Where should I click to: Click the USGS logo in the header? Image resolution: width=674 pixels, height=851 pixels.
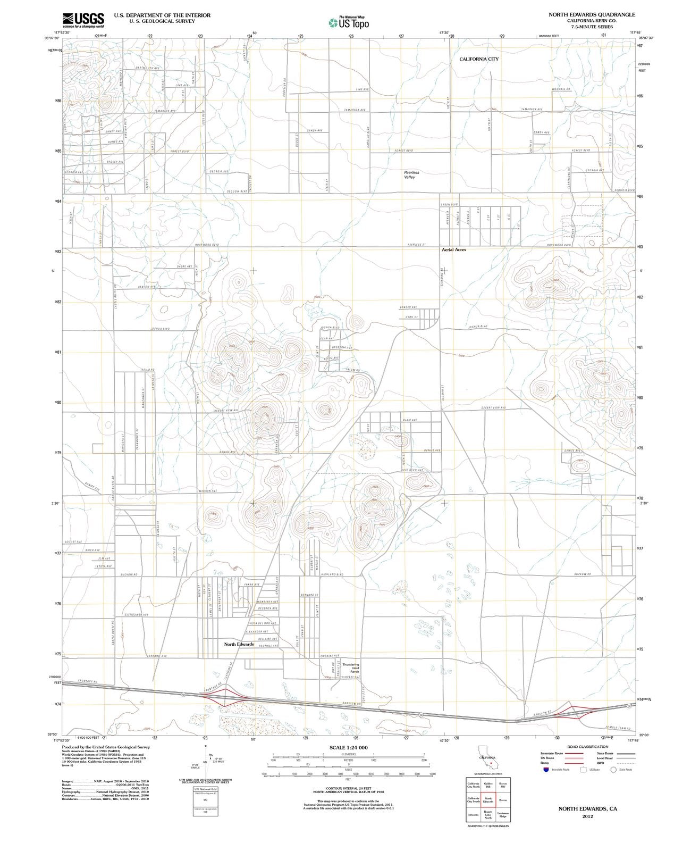83,20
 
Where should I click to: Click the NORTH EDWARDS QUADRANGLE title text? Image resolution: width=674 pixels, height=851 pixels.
592,14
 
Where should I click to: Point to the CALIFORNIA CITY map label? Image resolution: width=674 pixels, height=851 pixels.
479,59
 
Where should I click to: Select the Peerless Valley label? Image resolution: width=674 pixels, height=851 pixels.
411,174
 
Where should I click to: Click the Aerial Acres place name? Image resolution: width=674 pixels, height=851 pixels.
453,249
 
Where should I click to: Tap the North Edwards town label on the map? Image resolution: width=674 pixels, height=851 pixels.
239,644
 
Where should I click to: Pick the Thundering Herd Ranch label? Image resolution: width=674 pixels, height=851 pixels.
351,669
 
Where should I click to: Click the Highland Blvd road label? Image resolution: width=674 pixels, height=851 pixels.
333,574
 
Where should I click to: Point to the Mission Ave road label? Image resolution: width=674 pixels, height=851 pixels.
208,491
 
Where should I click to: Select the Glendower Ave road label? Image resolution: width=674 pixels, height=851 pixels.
137,614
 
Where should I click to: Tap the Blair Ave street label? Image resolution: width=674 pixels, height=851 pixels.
410,420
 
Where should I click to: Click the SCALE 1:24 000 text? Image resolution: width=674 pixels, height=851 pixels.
348,747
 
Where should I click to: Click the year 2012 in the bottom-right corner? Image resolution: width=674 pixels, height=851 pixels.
587,816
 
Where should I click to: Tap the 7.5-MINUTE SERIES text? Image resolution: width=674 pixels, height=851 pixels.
592,27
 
